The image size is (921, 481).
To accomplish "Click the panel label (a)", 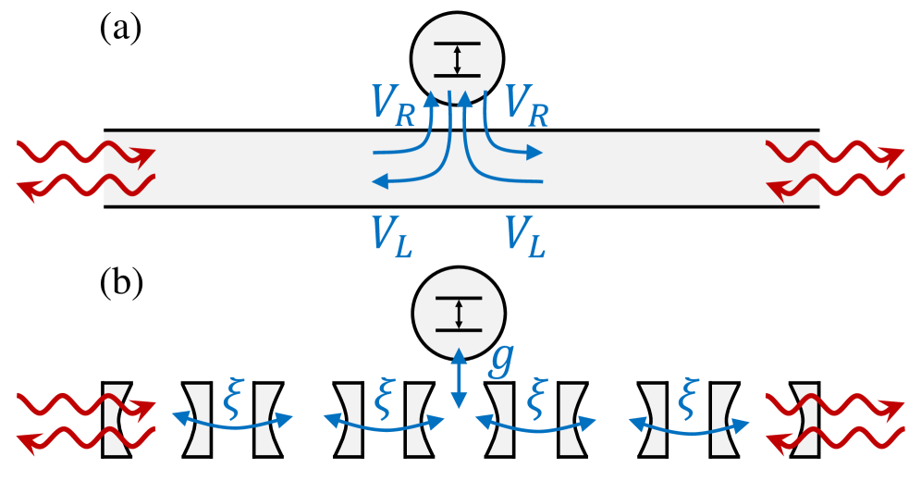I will [x=120, y=30].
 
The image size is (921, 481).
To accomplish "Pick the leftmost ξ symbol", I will [x=234, y=396].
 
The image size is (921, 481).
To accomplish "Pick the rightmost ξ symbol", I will [x=687, y=396].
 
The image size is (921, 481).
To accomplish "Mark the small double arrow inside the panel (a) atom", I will [x=458, y=59].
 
